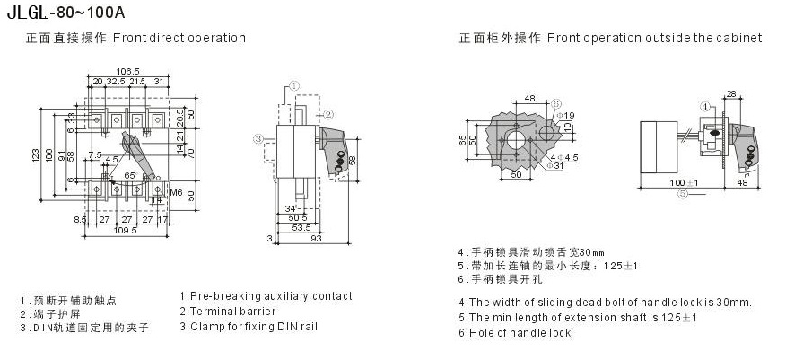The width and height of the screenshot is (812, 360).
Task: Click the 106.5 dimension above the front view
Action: coord(128,71)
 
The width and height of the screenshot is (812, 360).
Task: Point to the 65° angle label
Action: coord(129,175)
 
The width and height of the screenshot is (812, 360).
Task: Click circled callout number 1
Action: coord(292,84)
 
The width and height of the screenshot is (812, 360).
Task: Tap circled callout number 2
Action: coord(328,114)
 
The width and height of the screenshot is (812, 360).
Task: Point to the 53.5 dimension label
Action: coord(301,227)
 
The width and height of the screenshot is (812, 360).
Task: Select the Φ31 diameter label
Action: coord(554,165)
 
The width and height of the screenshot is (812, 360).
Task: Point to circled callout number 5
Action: coord(682,192)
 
